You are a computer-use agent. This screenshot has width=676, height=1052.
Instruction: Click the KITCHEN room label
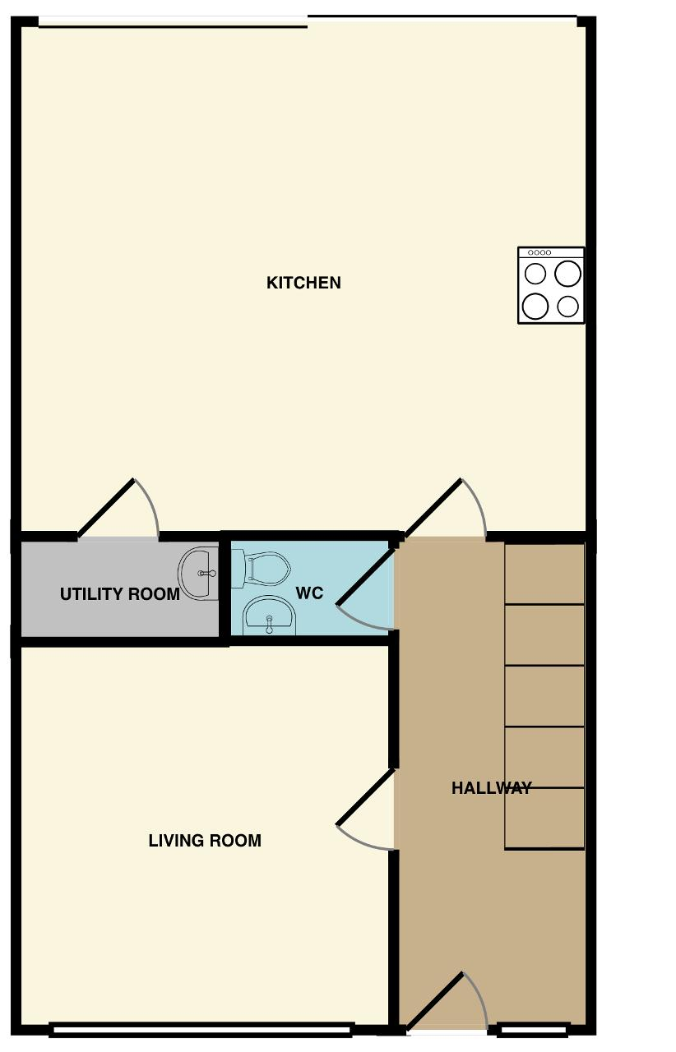coord(303,283)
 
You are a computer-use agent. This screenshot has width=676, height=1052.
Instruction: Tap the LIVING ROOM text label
coord(205,840)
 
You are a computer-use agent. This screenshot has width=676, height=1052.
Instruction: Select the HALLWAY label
coord(491,787)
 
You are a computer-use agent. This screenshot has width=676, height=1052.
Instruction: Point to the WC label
coord(309,593)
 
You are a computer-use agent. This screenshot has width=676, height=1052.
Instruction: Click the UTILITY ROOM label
coord(120,594)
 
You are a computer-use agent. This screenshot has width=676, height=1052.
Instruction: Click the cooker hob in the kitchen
coord(551,285)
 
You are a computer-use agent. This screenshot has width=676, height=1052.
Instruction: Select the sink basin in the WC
coord(269,616)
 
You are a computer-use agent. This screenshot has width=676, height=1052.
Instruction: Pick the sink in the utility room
coord(198,574)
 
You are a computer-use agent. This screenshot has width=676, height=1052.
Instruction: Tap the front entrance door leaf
coord(435,1001)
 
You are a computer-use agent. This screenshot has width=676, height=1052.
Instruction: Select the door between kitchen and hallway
coord(433,508)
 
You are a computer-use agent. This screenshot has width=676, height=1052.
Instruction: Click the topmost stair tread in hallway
coord(544,574)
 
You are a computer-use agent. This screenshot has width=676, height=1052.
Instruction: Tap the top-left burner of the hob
coord(535,274)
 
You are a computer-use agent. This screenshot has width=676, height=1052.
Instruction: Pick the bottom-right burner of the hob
coord(567,307)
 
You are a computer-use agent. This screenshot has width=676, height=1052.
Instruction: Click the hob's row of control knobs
coord(539,252)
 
